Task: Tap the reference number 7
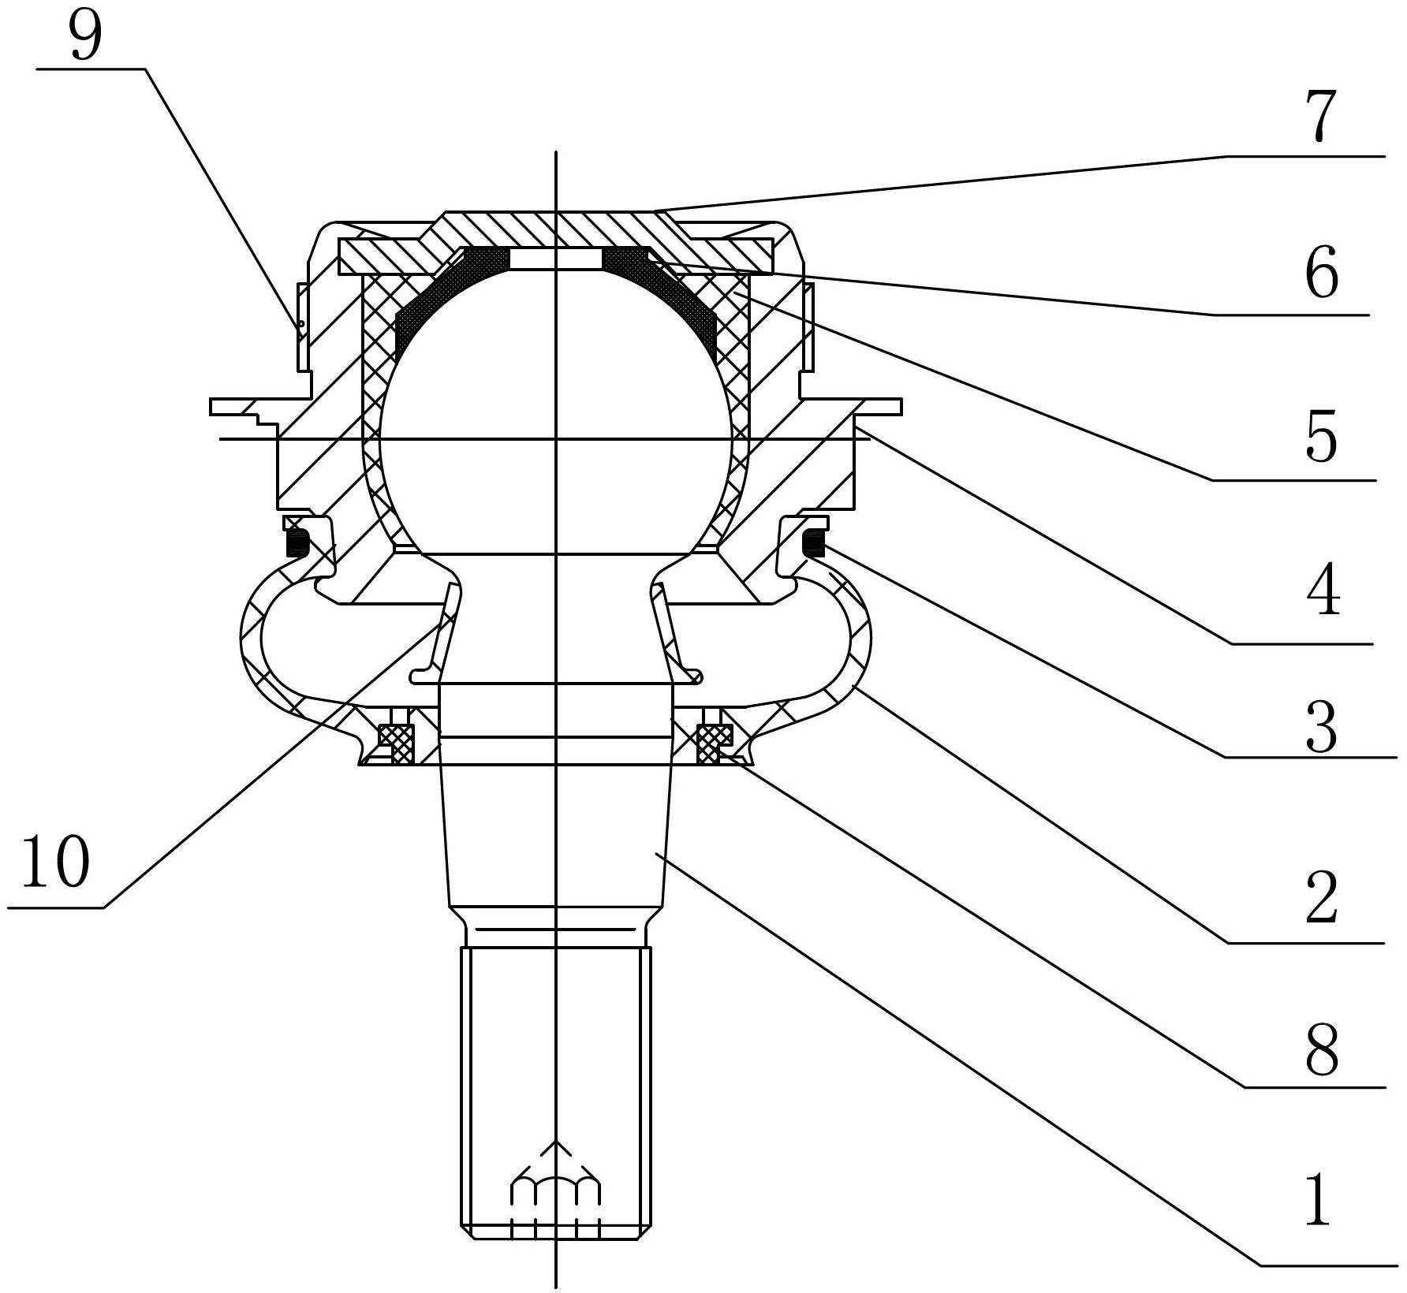tap(1323, 116)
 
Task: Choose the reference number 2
tap(1322, 899)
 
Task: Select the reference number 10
tap(54, 862)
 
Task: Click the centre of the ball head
tap(556, 410)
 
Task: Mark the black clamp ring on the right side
tap(812, 543)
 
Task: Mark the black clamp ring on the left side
tap(297, 543)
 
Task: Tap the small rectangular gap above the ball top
tap(556, 259)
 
